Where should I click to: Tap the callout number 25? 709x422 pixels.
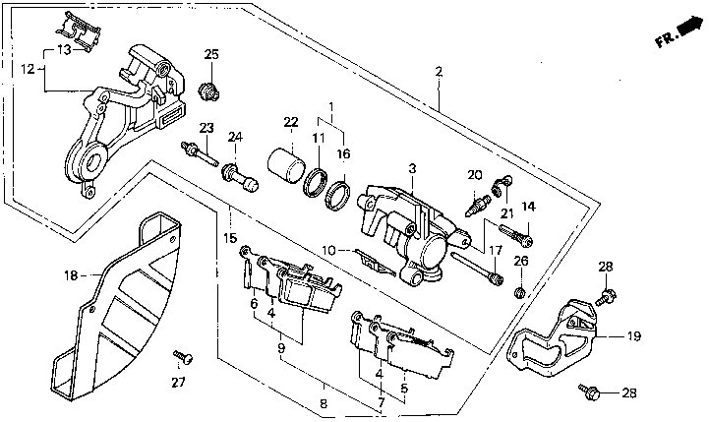(x=211, y=55)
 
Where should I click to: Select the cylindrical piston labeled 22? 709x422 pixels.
(x=285, y=165)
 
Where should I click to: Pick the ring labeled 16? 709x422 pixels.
(x=338, y=195)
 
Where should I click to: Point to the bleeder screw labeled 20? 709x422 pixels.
(x=478, y=205)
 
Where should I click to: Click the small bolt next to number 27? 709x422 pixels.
(x=183, y=357)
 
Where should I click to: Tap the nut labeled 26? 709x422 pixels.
(x=519, y=292)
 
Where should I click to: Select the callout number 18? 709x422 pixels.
(x=71, y=275)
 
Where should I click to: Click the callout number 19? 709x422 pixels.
(x=634, y=336)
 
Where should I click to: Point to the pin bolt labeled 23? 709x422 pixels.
(x=200, y=153)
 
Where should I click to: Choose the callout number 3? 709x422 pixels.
(x=412, y=169)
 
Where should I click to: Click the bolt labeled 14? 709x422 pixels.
(x=516, y=235)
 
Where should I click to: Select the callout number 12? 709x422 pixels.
(x=28, y=69)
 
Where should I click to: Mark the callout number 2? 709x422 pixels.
(x=439, y=72)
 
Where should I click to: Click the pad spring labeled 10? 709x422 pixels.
(x=374, y=262)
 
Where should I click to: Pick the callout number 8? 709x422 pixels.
(x=324, y=403)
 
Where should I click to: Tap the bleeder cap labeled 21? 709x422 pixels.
(x=501, y=185)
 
